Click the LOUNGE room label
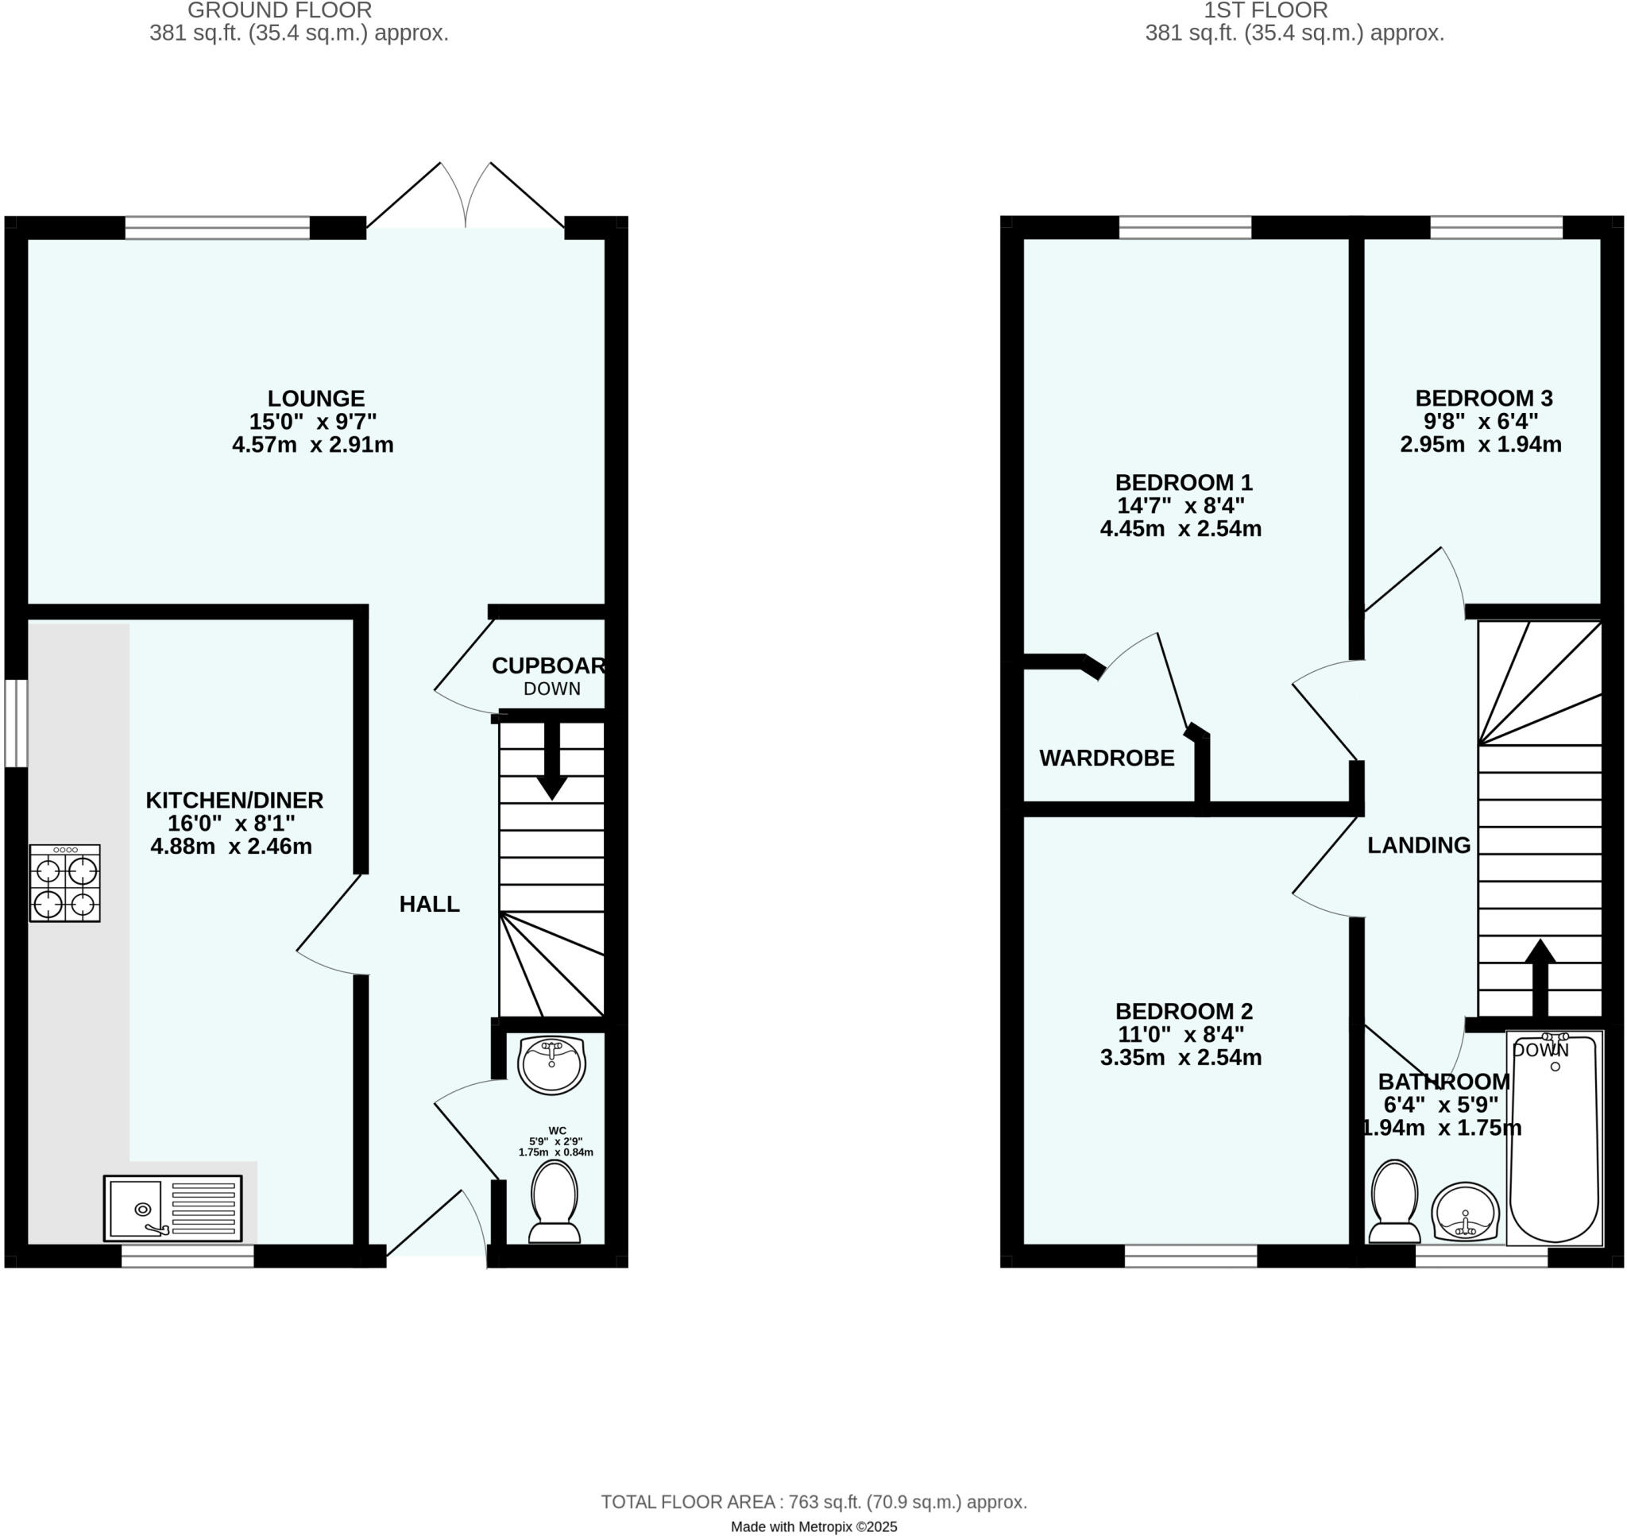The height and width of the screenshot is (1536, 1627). pos(316,399)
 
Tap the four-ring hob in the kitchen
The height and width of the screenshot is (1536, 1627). pos(64,883)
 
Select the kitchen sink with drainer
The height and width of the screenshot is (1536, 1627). pos(172,1209)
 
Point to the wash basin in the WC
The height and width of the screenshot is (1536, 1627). pos(552,1065)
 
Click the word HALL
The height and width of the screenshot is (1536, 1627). pos(429,904)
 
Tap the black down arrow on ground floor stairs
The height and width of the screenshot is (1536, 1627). pos(552,761)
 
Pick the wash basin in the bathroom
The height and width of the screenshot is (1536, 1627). pos(1465,1213)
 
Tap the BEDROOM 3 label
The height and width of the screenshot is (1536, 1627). pos(1484,399)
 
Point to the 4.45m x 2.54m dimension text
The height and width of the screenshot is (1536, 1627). pos(1180,529)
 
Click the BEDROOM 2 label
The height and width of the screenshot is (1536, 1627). pos(1183,1011)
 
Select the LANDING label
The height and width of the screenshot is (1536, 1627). pos(1418,846)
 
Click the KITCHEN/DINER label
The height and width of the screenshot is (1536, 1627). pos(234,800)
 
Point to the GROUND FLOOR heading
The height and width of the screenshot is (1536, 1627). pos(279,10)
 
